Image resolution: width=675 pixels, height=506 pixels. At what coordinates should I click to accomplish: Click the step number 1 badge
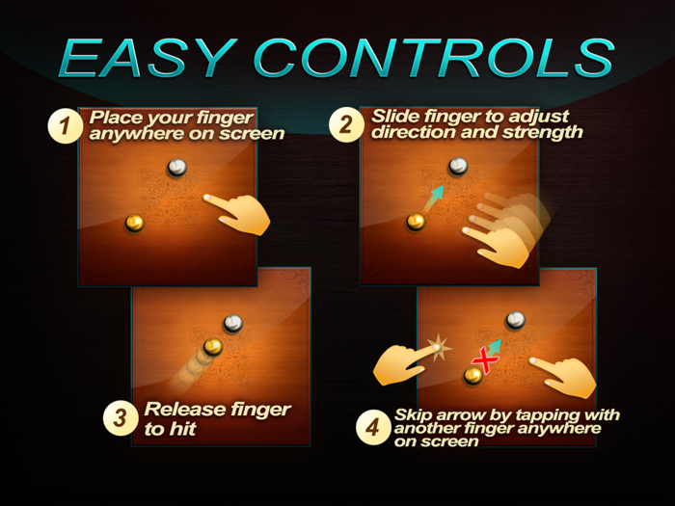[x=65, y=126]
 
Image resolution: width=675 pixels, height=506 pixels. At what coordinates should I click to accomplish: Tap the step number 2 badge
[x=346, y=125]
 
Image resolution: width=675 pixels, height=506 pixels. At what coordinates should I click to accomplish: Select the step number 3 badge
[x=121, y=418]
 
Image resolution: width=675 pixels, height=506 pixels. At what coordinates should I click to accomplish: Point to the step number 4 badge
[x=373, y=427]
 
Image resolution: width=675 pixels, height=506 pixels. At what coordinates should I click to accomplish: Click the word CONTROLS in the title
[x=434, y=58]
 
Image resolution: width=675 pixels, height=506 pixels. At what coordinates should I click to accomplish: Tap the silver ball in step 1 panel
[x=176, y=168]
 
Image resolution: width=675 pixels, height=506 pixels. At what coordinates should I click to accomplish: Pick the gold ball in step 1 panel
[x=135, y=224]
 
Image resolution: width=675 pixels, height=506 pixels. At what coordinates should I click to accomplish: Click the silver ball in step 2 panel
[x=458, y=166]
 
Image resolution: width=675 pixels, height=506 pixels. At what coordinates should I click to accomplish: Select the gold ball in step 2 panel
[x=416, y=222]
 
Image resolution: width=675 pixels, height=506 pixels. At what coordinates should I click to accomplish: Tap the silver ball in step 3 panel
[x=233, y=323]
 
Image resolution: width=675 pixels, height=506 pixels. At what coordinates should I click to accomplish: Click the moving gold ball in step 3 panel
[x=213, y=346]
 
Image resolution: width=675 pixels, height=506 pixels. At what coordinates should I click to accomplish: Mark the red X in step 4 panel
[x=485, y=361]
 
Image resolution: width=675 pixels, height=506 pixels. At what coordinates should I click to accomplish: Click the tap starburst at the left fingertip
[x=439, y=348]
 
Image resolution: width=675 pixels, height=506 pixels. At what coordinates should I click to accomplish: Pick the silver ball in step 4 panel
[x=515, y=320]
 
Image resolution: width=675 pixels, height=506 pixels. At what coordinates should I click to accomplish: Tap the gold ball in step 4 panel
[x=473, y=376]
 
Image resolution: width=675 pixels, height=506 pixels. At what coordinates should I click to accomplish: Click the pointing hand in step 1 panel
[x=239, y=213]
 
